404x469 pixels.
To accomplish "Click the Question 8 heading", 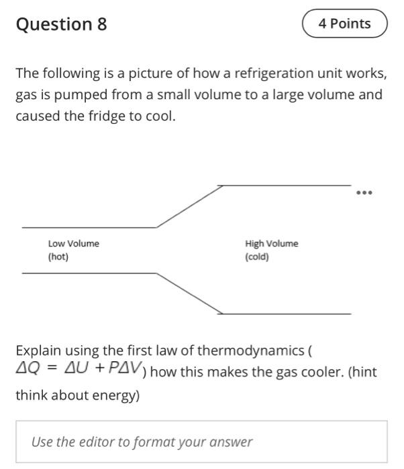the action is coord(61,24).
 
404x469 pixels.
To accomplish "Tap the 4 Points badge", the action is coord(345,24).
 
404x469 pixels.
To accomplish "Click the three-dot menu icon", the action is coord(364,193).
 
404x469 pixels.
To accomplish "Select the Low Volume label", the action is coord(73,244).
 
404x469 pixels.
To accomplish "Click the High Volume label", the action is coord(272,244).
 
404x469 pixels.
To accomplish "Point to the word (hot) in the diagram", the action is coord(58,257).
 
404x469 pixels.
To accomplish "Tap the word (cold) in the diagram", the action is coord(257,257).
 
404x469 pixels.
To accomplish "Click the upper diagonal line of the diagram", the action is coord(190,206).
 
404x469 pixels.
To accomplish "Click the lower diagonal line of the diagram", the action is coord(190,293).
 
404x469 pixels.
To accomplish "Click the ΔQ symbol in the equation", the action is coord(28,368).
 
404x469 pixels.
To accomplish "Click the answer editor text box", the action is coord(201,442).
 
